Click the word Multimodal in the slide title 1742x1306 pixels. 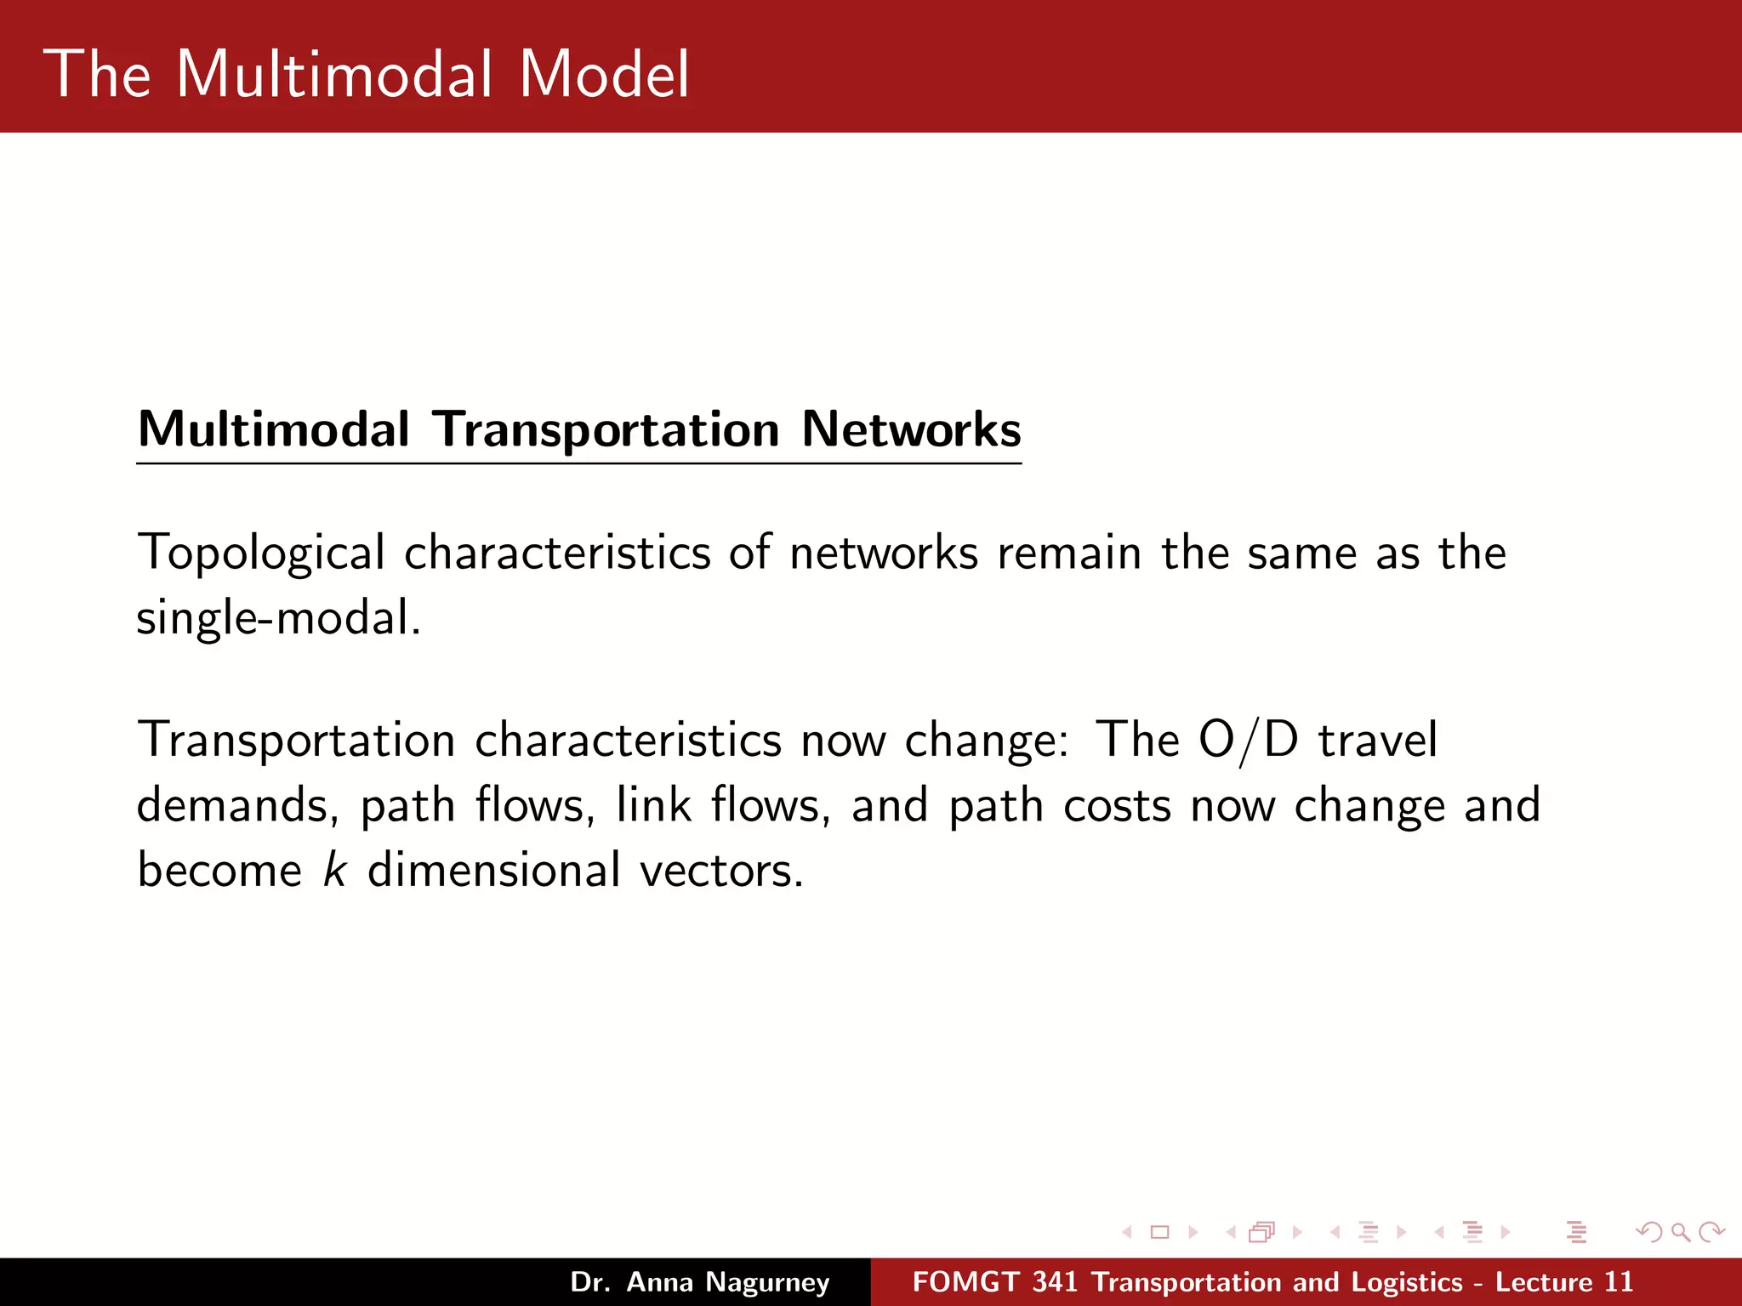pos(334,74)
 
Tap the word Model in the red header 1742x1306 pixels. pos(604,74)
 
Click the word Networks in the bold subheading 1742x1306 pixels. pos(911,429)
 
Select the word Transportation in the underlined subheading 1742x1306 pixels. pos(606,430)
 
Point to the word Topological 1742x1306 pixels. pos(261,554)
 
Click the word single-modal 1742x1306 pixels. pos(277,618)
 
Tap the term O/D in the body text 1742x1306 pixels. pos(1248,740)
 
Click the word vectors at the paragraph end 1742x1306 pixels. pos(720,872)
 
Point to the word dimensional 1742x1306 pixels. pos(493,870)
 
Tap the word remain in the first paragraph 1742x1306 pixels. pos(1069,554)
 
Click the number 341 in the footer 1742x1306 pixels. pos(1056,1282)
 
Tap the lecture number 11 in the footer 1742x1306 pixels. pos(1618,1282)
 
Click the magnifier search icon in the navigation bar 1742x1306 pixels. pos(1680,1232)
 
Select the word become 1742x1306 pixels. pos(219,870)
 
